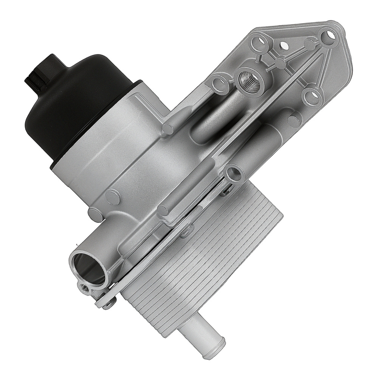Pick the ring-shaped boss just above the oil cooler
point(232,174)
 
